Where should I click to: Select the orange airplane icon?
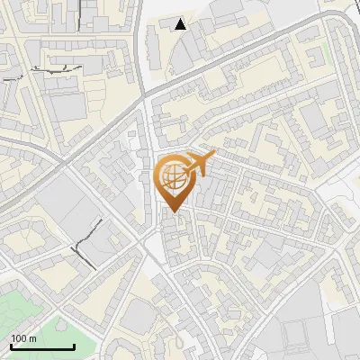pyautogui.click(x=198, y=163)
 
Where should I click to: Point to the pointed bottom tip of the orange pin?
pyautogui.click(x=175, y=212)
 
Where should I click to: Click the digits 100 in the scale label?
pyautogui.click(x=18, y=338)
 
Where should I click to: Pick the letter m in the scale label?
pyautogui.click(x=32, y=338)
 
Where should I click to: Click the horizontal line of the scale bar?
pyautogui.click(x=42, y=346)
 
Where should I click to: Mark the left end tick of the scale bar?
pyautogui.click(x=11, y=345)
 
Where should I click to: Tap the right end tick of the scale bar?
pyautogui.click(x=74, y=345)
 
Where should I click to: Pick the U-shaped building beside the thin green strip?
pyautogui.click(x=314, y=59)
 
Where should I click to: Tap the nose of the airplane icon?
pyautogui.click(x=215, y=157)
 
